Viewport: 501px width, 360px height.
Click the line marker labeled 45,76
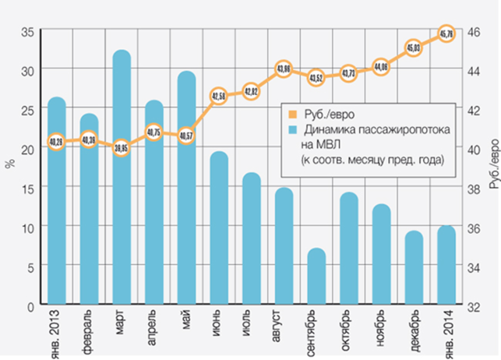[x=446, y=34]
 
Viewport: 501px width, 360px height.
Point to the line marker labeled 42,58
[x=219, y=97]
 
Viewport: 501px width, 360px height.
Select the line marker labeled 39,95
[x=122, y=147]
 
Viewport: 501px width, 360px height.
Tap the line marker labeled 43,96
[x=284, y=69]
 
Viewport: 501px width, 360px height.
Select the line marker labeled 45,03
[x=414, y=48]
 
